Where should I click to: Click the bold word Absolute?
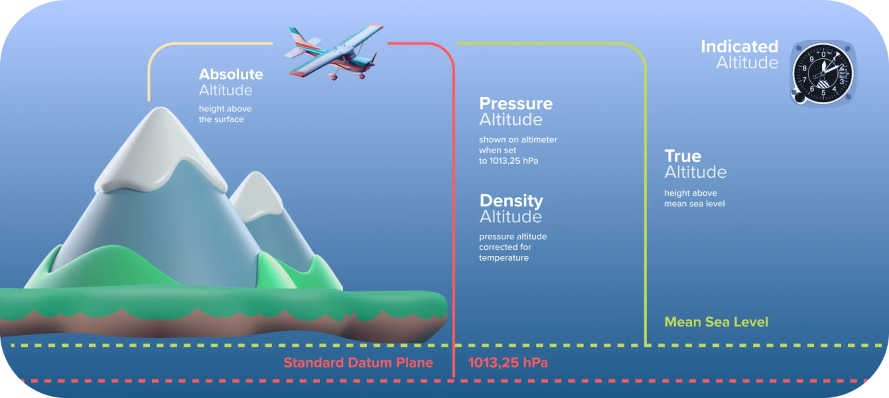pos(231,74)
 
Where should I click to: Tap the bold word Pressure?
pos(516,103)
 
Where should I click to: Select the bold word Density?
pos(511,200)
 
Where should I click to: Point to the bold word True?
pos(682,156)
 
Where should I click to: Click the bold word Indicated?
pos(739,46)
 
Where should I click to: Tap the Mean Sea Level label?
pos(716,322)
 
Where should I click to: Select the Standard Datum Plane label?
pos(358,362)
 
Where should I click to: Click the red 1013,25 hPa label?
pos(507,362)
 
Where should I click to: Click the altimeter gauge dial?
pos(823,73)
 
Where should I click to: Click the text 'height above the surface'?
pos(225,114)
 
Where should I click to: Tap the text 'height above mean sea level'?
pos(694,198)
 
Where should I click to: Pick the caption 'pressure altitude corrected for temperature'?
pos(513,247)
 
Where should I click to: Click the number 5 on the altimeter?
pos(823,93)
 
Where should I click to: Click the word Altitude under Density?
pos(511,217)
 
